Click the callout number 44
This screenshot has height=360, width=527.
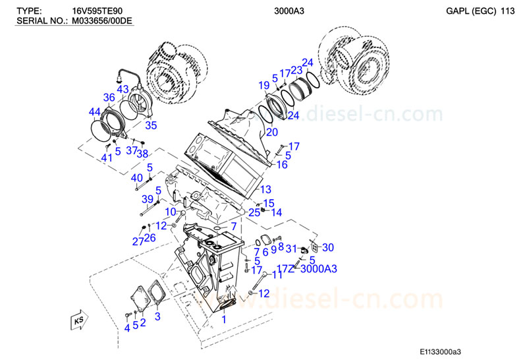click(x=95, y=111)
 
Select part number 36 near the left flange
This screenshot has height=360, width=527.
click(x=109, y=98)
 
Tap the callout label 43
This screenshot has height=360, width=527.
click(x=123, y=89)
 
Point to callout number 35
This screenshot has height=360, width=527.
click(x=151, y=125)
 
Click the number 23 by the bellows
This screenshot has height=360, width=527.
click(x=296, y=71)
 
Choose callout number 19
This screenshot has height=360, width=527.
click(x=263, y=85)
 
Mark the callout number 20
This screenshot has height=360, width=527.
click(x=271, y=132)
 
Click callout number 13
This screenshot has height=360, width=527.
click(x=265, y=189)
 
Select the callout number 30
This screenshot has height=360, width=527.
click(x=327, y=247)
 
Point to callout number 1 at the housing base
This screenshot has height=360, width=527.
click(x=224, y=319)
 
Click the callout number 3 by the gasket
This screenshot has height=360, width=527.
click(x=157, y=317)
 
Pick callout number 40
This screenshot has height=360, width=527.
click(x=136, y=178)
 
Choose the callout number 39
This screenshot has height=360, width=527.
click(x=148, y=199)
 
